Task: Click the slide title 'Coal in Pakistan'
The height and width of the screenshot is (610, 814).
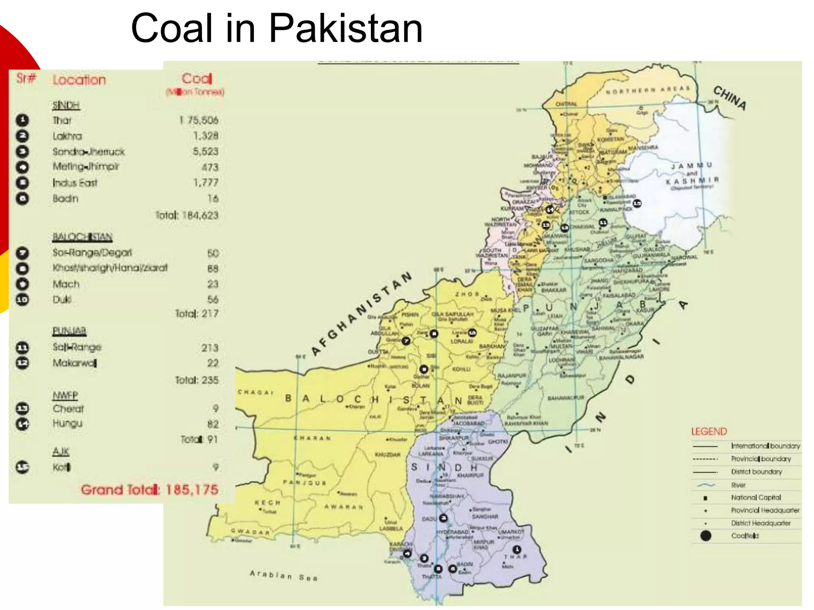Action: [x=277, y=29]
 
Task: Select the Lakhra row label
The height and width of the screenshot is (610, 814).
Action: [x=67, y=136]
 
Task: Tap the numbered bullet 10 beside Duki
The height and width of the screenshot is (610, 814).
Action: [x=22, y=299]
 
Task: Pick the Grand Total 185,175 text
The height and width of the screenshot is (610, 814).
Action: [x=149, y=490]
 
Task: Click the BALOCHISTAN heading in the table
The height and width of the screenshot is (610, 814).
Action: [x=82, y=237]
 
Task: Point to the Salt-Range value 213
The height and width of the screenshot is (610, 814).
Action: [x=209, y=348]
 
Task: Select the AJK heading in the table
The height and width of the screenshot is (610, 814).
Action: [x=61, y=452]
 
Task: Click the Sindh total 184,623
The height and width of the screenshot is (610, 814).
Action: [x=187, y=215]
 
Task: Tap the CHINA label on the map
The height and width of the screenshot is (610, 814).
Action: [x=730, y=98]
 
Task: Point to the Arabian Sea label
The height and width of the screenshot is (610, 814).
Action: [x=283, y=575]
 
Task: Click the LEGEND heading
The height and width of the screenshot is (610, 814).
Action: [x=709, y=432]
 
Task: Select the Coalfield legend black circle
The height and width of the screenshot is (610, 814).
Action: [x=706, y=536]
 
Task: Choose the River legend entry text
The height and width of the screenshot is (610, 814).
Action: [x=738, y=485]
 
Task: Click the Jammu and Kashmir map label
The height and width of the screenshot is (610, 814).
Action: [x=692, y=174]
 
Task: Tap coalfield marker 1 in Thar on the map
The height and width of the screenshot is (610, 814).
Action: [x=516, y=550]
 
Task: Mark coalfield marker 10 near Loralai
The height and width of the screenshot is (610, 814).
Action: [x=472, y=333]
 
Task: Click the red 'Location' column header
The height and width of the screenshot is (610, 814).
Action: [x=79, y=80]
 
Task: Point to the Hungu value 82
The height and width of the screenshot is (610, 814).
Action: [x=213, y=424]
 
